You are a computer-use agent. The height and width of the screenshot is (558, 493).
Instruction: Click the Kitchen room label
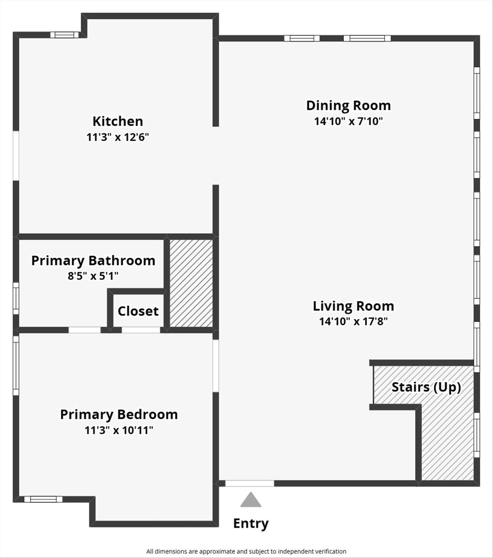[118, 121]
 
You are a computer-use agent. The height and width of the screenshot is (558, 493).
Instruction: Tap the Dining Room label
[348, 105]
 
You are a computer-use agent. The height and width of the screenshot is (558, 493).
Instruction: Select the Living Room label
[353, 306]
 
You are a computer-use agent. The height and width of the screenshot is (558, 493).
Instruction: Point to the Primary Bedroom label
[119, 414]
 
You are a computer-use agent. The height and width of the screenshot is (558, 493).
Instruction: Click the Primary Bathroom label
[93, 261]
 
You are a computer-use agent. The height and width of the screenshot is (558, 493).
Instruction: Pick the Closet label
[138, 311]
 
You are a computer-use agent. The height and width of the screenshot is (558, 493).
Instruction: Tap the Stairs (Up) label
[426, 387]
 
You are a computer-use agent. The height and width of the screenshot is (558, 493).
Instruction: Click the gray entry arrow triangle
[251, 500]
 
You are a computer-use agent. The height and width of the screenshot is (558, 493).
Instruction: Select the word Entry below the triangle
[251, 523]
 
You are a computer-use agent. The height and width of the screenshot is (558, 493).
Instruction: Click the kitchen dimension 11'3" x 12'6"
[118, 137]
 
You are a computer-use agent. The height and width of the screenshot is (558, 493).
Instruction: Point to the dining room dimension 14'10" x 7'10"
[348, 121]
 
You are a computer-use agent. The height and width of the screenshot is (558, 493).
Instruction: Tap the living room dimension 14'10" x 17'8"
[353, 321]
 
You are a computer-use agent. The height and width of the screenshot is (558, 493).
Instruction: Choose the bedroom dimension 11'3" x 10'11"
[119, 430]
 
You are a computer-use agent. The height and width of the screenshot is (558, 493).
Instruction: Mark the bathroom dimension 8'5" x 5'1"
[93, 276]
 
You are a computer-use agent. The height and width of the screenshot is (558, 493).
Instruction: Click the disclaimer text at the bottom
[246, 551]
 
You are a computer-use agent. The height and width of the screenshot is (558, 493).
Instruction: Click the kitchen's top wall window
[64, 35]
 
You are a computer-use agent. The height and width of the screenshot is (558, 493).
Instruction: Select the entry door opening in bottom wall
[250, 483]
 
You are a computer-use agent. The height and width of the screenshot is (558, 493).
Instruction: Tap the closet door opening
[141, 330]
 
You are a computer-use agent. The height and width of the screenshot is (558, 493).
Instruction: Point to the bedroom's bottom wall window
[43, 499]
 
